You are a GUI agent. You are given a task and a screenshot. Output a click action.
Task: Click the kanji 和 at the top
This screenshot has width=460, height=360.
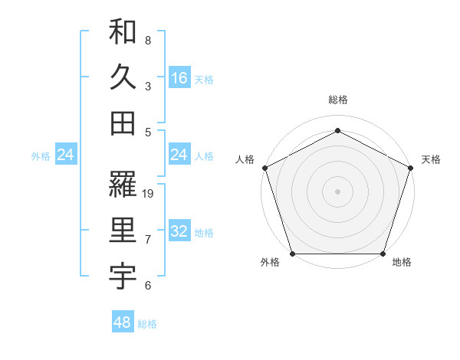(x=123, y=32)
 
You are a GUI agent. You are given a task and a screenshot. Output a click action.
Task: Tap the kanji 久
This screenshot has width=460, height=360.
(x=123, y=77)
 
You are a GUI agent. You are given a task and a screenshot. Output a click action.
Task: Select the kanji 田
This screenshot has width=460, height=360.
(x=123, y=123)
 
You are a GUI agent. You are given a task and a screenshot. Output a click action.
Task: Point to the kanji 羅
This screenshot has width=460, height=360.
(x=123, y=185)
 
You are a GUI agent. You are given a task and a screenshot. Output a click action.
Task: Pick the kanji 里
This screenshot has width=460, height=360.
(x=123, y=231)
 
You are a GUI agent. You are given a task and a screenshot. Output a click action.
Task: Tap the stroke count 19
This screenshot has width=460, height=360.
(x=149, y=194)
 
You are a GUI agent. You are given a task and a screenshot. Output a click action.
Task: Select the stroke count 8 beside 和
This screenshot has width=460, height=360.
(x=148, y=40)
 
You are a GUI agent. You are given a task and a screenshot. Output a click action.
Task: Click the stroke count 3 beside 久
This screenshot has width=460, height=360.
(x=148, y=86)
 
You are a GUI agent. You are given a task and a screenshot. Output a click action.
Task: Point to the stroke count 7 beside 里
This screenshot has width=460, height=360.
(x=148, y=240)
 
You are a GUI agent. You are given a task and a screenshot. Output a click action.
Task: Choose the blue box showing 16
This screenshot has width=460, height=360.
(x=179, y=77)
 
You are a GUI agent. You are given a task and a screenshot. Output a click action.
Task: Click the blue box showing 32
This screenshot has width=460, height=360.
(x=179, y=231)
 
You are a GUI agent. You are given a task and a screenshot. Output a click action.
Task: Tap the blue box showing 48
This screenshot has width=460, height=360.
(x=123, y=322)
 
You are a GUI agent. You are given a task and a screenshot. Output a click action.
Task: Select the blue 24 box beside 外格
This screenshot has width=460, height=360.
(x=65, y=155)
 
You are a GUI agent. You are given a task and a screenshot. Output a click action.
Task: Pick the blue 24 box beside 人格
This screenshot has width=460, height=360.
(x=179, y=155)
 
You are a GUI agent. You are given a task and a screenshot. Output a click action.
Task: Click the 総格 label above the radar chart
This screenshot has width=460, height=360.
(x=338, y=100)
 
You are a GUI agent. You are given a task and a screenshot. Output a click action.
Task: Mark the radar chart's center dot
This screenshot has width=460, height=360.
(x=338, y=191)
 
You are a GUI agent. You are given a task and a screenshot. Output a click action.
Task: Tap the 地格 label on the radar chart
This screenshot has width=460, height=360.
(x=402, y=262)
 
